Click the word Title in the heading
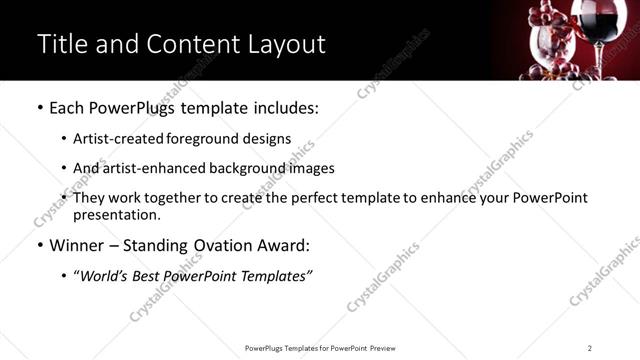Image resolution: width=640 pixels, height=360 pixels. [62, 44]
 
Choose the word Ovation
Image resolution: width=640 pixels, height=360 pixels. [220, 246]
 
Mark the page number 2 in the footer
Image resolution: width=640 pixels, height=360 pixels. [589, 348]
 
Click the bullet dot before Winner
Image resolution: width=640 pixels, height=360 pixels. [39, 246]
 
